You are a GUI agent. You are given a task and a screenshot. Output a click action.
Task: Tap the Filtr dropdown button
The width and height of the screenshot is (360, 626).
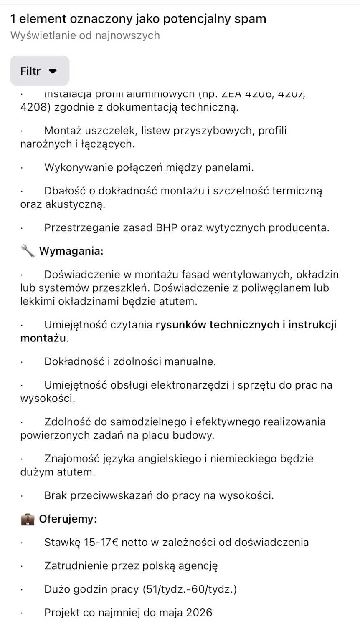(x=39, y=71)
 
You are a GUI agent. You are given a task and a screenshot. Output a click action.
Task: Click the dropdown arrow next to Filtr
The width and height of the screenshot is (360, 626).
(x=53, y=71)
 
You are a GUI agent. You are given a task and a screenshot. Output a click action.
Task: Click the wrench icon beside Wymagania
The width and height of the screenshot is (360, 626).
(x=28, y=251)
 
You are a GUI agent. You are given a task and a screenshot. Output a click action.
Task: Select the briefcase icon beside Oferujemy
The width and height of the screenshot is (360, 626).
(x=28, y=519)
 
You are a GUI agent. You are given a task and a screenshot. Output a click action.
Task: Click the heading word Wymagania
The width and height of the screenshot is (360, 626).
(x=71, y=251)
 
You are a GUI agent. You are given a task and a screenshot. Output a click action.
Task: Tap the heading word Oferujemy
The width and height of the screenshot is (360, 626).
(x=67, y=519)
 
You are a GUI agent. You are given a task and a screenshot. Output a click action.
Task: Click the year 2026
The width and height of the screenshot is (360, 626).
(x=199, y=613)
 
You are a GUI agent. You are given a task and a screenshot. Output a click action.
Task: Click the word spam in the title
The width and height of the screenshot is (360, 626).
(x=250, y=19)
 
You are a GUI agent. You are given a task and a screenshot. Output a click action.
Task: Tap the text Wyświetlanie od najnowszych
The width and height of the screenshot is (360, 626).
(x=85, y=35)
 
